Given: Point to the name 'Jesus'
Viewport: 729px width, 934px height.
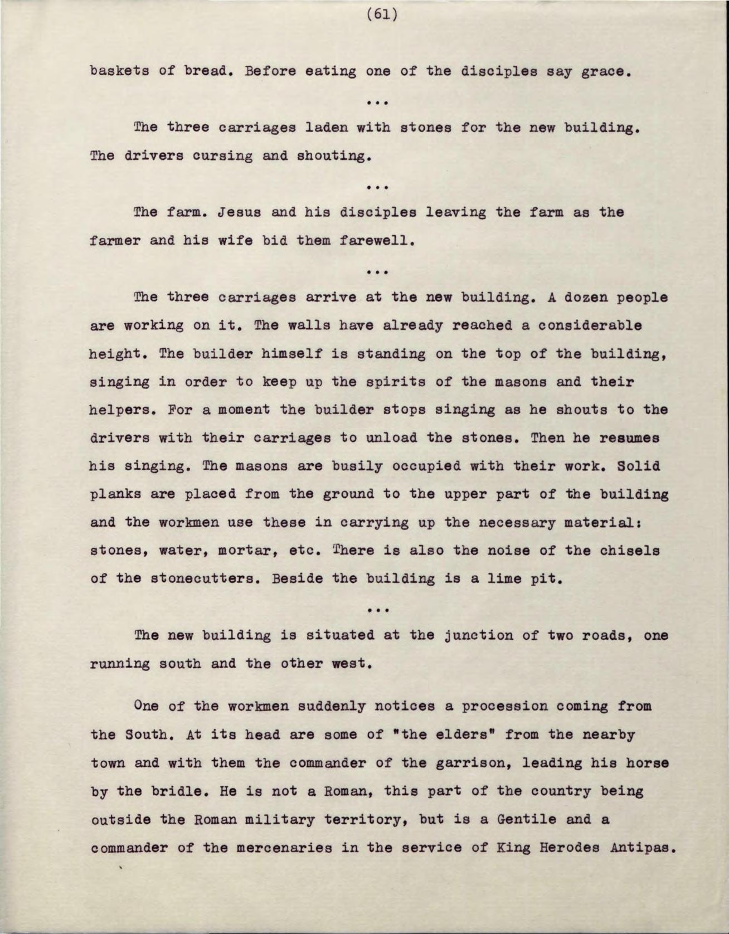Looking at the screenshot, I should tap(237, 213).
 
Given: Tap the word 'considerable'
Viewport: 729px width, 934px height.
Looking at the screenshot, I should tap(590, 325).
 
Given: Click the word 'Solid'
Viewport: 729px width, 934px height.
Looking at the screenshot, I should tap(638, 466).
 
